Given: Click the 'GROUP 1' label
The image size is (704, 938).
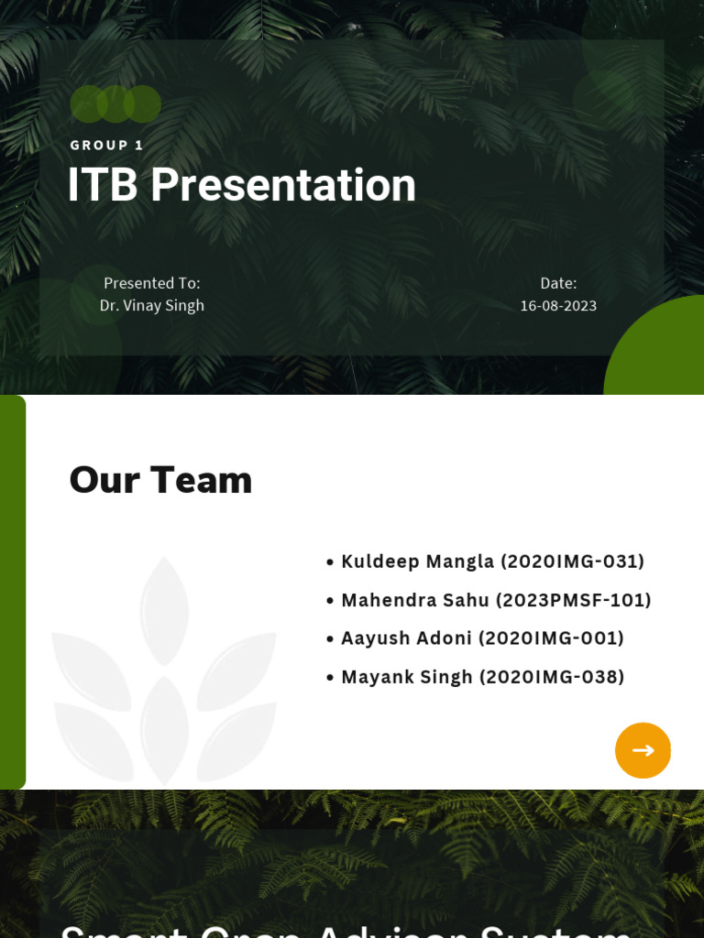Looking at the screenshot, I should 106,145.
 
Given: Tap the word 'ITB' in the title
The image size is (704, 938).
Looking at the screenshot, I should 103,185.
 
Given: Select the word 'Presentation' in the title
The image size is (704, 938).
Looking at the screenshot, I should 283,185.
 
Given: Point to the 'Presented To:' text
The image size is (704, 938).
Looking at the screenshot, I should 151,283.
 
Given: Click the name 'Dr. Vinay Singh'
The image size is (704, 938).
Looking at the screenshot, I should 151,305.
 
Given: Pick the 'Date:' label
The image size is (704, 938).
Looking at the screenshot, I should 558,283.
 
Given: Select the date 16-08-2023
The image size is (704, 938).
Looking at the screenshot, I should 558,305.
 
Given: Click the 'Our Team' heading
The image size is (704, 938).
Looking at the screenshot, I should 160,480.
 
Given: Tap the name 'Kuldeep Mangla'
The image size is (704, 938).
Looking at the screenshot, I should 417,562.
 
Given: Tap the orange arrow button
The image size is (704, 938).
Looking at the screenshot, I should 643,750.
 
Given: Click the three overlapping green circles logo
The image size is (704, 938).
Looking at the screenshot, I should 115,104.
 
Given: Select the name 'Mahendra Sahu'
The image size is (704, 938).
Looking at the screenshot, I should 414,600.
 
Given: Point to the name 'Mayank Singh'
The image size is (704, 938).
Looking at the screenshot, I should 407,677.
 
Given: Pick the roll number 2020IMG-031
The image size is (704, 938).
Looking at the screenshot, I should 572,562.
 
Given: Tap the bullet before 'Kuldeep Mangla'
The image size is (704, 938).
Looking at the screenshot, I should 330,562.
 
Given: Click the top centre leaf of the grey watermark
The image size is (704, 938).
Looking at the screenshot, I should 164,609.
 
